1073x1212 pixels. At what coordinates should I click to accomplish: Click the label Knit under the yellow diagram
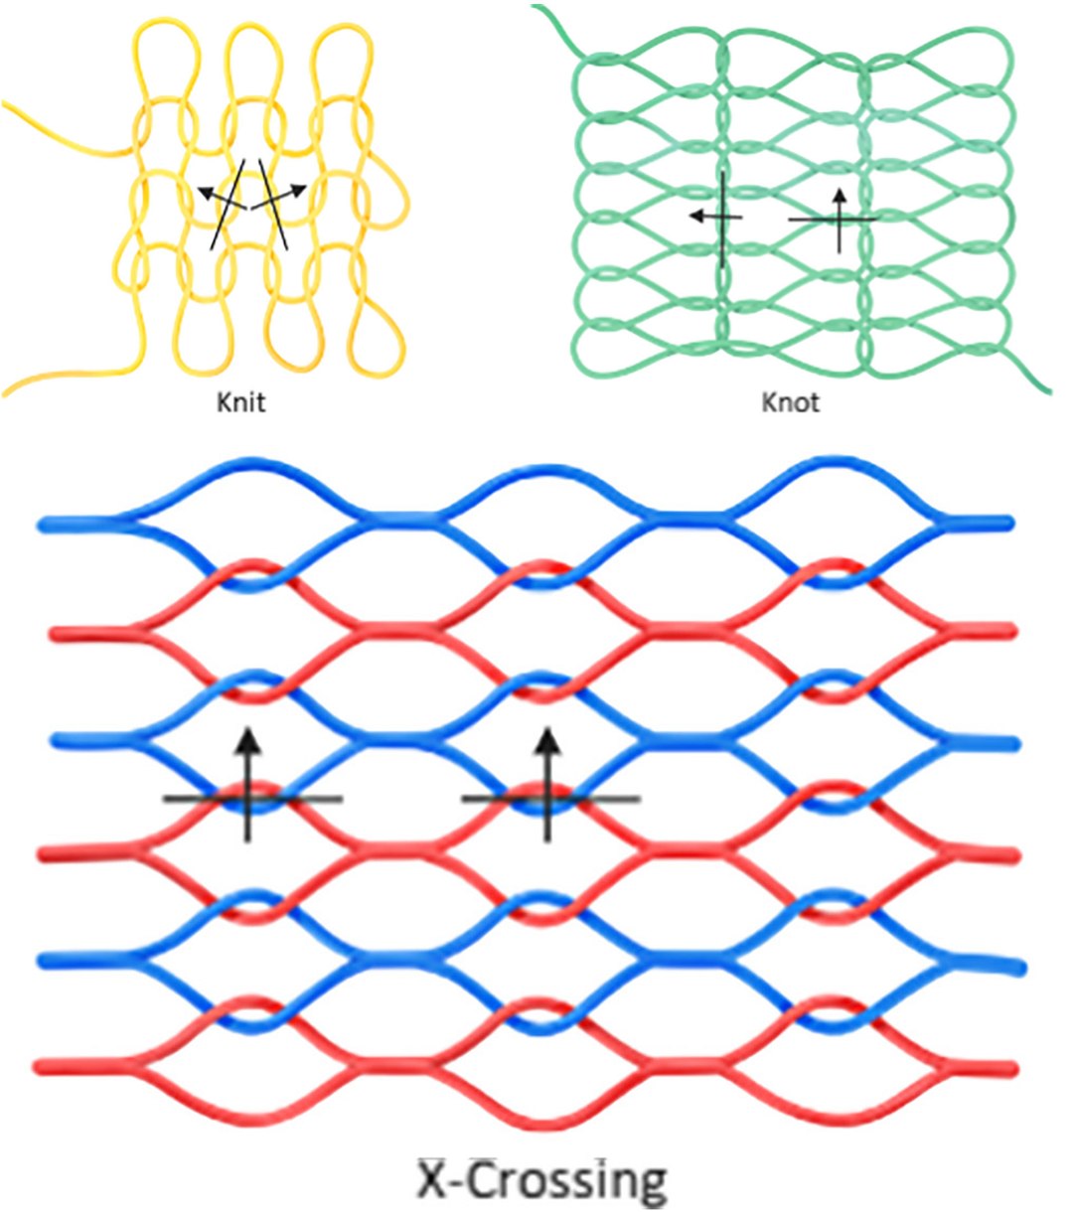pos(241,403)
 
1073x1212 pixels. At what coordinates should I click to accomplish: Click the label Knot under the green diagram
pos(791,403)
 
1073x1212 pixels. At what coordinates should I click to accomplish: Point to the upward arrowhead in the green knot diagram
pos(840,195)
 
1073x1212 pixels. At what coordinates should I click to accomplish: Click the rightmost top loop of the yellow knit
pos(341,55)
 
